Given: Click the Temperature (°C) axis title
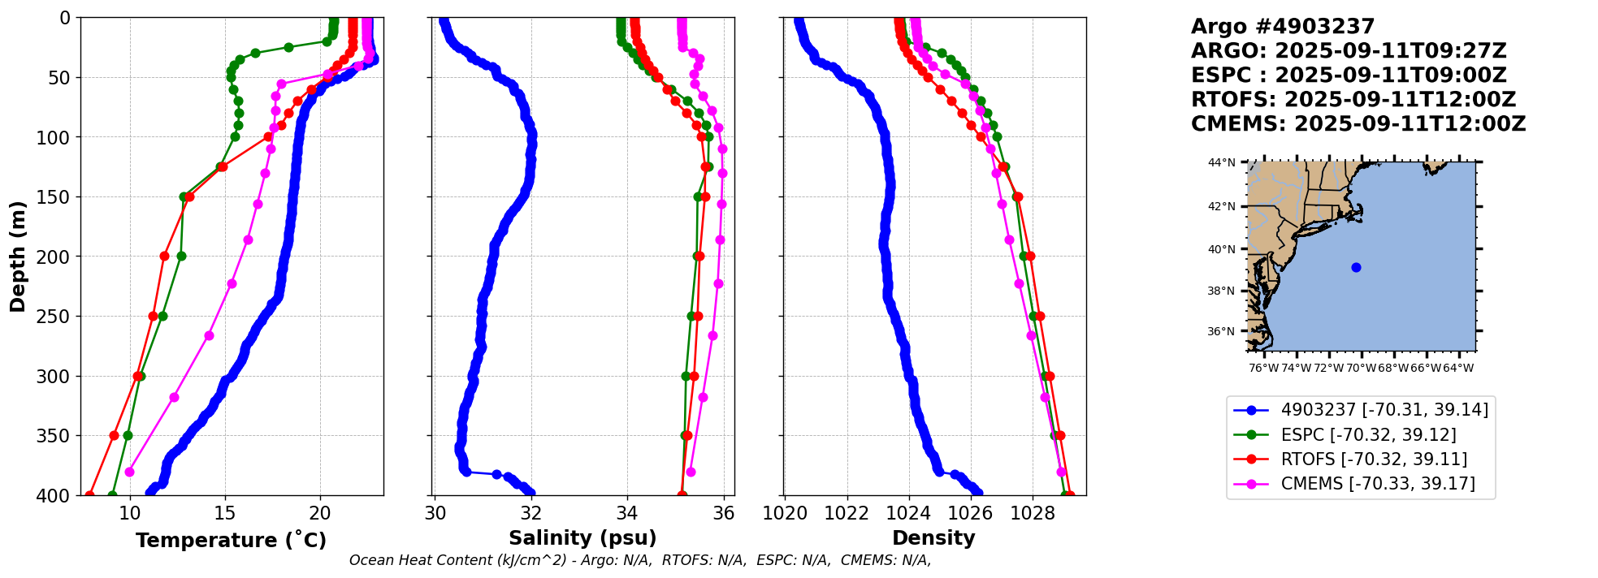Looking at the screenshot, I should coord(231,541).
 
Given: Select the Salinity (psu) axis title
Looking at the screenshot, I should coord(582,538).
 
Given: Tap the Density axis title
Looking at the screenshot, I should coord(933,538).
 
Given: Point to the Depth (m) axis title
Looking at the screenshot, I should coord(18,257).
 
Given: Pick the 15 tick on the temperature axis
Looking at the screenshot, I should coord(225,513).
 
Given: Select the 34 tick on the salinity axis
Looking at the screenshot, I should coord(626,513).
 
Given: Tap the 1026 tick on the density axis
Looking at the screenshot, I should coord(970,513).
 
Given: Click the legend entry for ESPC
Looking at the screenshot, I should coord(1368,435).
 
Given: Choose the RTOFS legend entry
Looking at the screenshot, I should coord(1374,459).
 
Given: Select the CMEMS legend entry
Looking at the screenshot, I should coord(1378,484).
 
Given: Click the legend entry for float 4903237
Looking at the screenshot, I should coord(1384,410).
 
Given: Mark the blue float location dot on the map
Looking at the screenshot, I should coord(1356,267).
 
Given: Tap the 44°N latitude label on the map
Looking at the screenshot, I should coord(1221,163).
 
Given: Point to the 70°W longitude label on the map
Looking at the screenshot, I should coord(1362,368).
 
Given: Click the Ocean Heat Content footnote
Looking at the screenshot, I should coord(640,560).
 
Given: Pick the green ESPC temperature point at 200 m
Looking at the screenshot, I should coord(181,257).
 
